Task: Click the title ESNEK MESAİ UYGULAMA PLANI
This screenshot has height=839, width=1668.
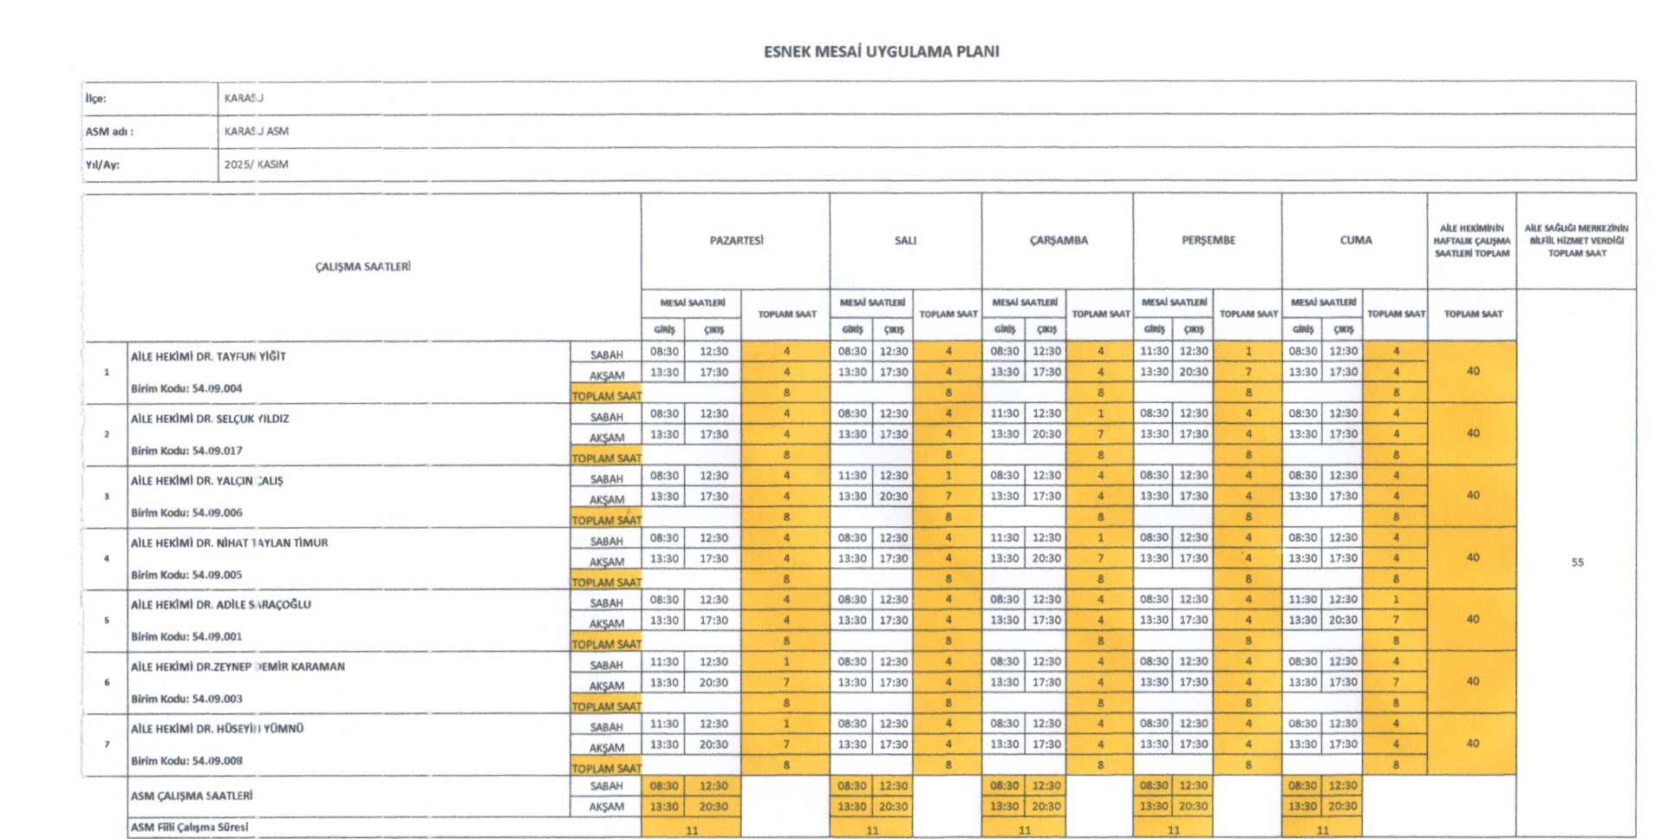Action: [x=881, y=52]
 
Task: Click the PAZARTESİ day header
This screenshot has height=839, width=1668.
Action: [x=736, y=240]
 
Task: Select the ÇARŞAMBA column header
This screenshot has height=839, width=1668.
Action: [x=1058, y=240]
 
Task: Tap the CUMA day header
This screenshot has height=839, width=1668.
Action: [x=1355, y=240]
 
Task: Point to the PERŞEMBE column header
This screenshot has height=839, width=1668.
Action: [x=1208, y=240]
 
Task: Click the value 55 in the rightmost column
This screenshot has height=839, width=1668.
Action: [x=1577, y=563]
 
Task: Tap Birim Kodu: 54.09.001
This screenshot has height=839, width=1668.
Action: [x=186, y=636]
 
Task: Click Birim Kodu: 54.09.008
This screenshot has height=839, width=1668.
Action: [x=186, y=761]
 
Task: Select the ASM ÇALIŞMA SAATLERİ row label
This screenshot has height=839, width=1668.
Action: [x=192, y=796]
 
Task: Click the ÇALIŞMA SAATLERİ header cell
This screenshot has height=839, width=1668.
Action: [x=362, y=267]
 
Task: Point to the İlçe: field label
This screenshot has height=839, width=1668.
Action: [x=95, y=99]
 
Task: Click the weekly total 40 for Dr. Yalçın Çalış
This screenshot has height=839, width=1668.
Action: [x=1472, y=496]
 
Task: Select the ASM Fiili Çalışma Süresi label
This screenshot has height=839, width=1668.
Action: [x=189, y=827]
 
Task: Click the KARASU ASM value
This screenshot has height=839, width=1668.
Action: [x=256, y=132]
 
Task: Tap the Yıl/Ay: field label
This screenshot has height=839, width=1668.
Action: [x=102, y=165]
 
